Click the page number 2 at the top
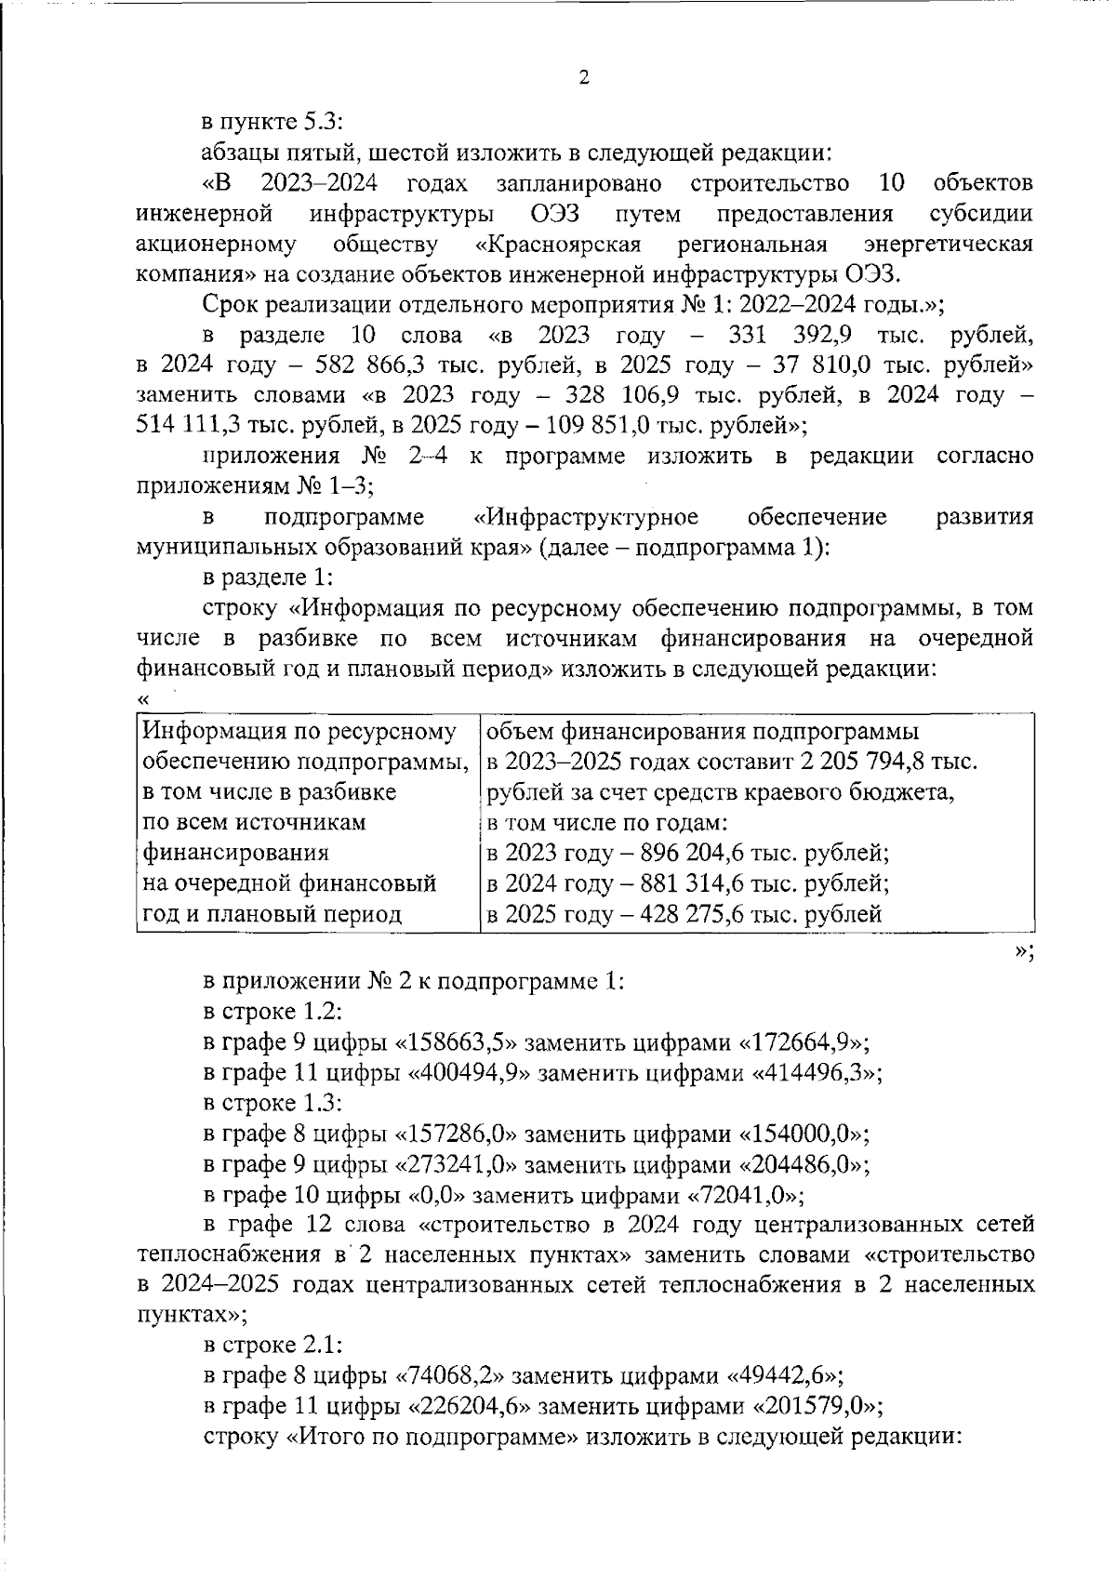point(584,78)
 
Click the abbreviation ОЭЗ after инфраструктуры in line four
point(556,214)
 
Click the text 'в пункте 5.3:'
point(273,121)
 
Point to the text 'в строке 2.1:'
point(272,1346)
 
